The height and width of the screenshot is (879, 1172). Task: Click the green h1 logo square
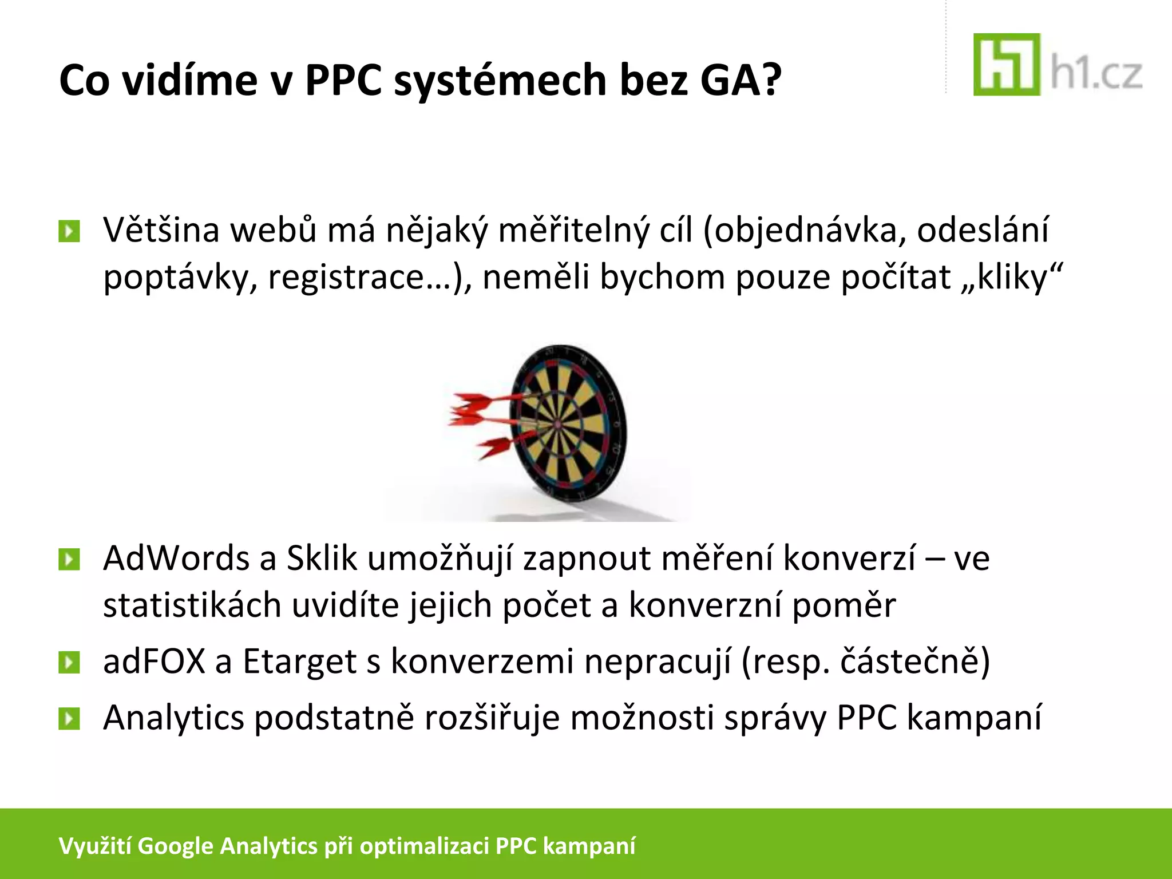tap(1006, 64)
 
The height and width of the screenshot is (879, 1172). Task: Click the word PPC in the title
tap(343, 80)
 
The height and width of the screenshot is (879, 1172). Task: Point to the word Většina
tap(161, 230)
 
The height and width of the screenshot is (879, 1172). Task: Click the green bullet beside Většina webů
tap(69, 232)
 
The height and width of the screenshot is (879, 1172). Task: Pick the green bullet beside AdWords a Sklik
tap(69, 560)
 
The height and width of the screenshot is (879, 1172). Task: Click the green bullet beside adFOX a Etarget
tap(69, 663)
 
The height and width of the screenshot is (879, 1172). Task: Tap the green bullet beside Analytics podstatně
tap(69, 719)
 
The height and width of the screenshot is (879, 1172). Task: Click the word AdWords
tap(176, 559)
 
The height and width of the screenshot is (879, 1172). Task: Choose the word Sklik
tap(322, 559)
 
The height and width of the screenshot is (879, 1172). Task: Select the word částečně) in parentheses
tap(914, 662)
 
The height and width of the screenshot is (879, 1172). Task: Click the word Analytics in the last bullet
tap(173, 719)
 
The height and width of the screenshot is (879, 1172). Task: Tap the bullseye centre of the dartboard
tap(557, 425)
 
